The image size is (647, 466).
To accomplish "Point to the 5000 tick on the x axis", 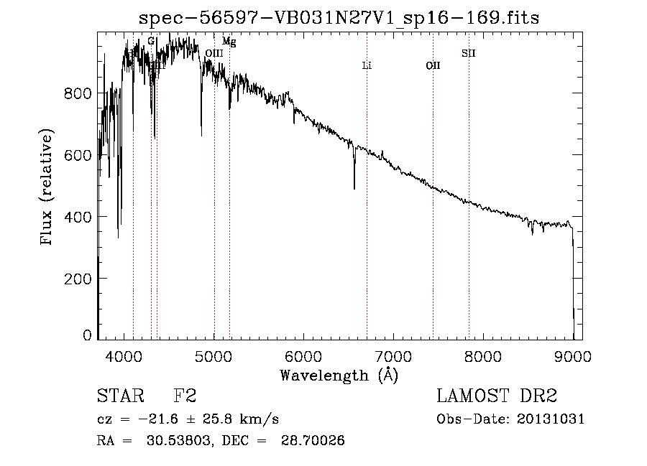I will click(x=214, y=355).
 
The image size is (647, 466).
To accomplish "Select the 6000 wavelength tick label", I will click(x=303, y=355).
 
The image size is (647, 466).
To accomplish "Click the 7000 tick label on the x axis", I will click(x=393, y=355).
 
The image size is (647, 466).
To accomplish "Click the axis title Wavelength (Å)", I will click(x=339, y=375).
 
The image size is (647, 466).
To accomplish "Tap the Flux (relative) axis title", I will click(x=48, y=189).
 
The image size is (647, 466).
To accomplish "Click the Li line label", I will click(x=367, y=66).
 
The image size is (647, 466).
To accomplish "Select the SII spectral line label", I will click(x=469, y=53).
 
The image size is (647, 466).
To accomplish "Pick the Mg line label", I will click(x=229, y=42).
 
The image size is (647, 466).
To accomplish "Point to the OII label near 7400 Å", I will click(x=433, y=66).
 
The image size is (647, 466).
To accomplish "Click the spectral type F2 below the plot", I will click(x=185, y=397).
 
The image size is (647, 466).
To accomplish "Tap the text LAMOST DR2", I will click(x=497, y=397).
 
